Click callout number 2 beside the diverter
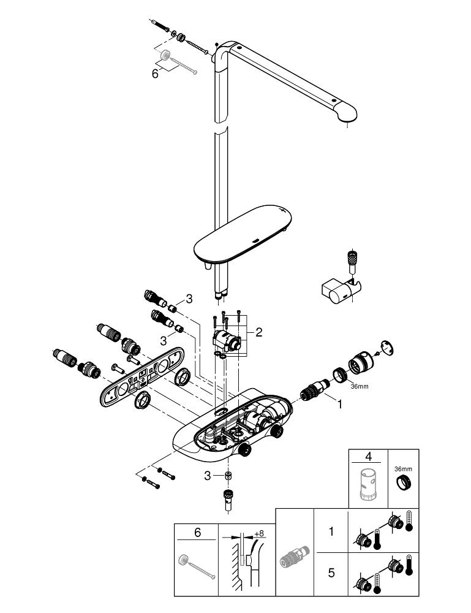259,332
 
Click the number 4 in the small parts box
369,456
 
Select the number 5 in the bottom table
331,573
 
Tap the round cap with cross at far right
388,346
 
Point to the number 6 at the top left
155,73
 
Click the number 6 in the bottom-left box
197,533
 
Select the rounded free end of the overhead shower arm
347,113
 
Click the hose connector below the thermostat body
227,498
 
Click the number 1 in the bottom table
331,531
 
